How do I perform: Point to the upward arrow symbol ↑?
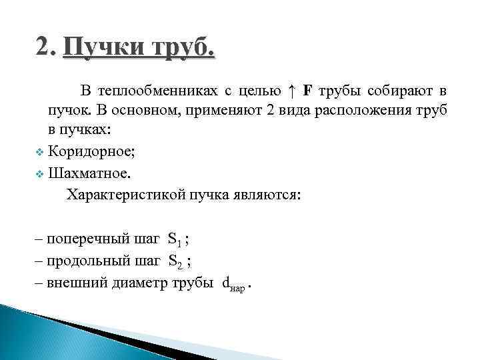(291, 90)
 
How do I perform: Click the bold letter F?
(307, 90)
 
